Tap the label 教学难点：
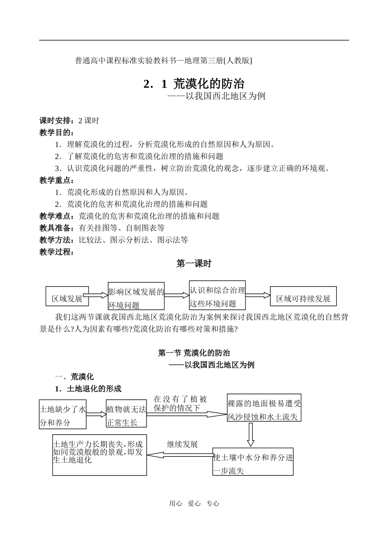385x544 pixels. click(57, 216)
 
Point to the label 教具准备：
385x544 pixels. click(57, 228)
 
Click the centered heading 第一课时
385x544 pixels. click(194, 263)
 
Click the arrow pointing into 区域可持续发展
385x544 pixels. click(258, 295)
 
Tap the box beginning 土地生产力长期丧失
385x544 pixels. click(99, 455)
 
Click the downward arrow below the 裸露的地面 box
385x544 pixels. click(250, 435)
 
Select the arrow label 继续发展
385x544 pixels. click(182, 444)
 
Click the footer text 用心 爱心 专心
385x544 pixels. click(194, 503)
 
